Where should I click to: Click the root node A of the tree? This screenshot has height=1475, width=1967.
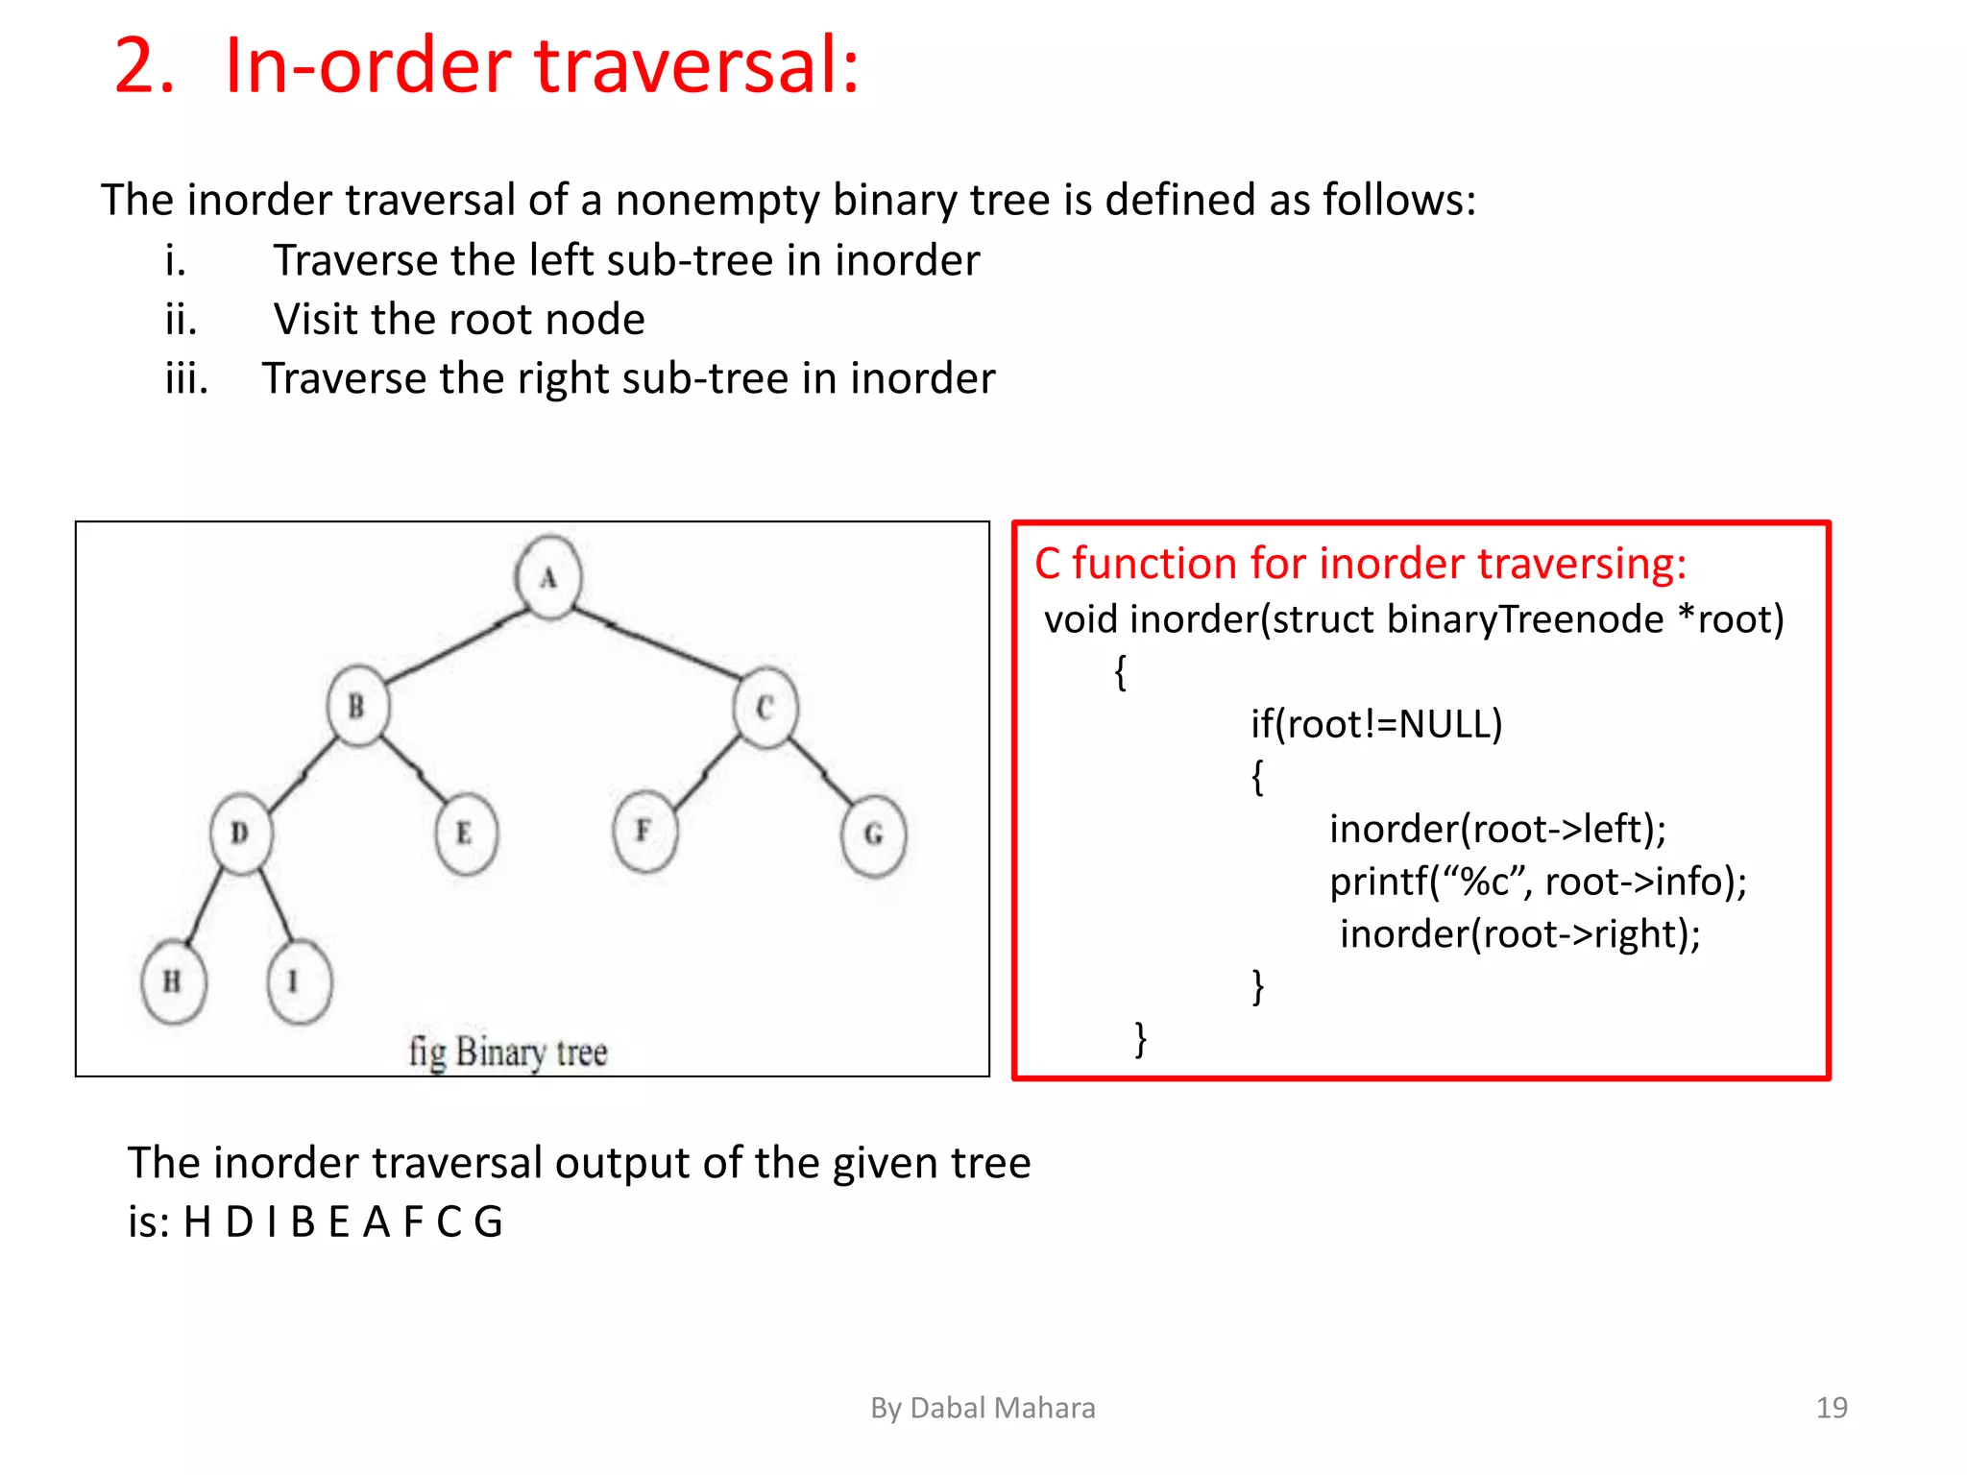(548, 577)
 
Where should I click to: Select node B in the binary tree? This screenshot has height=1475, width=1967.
(357, 707)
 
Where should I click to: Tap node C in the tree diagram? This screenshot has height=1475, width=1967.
(765, 708)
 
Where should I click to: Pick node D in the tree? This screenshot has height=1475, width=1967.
(240, 833)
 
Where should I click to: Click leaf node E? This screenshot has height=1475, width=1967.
(466, 833)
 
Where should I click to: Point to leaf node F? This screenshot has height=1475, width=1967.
(644, 831)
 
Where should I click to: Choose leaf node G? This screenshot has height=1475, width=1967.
(872, 834)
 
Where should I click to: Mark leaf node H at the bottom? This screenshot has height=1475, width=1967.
(173, 981)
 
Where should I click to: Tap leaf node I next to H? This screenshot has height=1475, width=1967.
(298, 981)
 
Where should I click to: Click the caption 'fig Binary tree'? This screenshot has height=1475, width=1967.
(508, 1052)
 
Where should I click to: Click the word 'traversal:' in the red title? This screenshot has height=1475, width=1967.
(696, 66)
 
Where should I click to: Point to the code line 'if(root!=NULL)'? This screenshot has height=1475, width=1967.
(1375, 724)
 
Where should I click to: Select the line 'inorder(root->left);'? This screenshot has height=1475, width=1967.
(1497, 829)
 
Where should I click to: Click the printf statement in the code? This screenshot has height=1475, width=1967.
(1538, 882)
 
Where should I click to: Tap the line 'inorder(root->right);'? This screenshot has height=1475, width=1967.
(1519, 933)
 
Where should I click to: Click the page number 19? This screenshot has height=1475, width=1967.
(1831, 1408)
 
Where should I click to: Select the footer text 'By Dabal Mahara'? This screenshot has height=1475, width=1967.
(982, 1408)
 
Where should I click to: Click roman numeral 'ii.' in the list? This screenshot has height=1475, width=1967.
(182, 320)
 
